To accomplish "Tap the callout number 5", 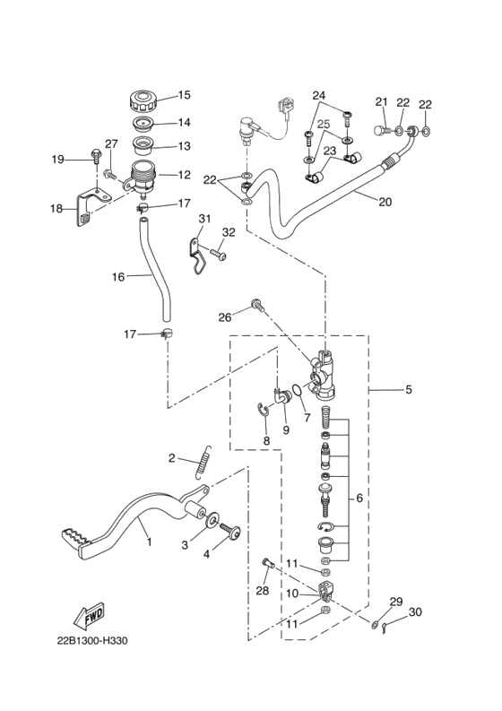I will coord(408,390).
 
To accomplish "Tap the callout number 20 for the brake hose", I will coord(385,202).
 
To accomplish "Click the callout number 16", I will coord(118,277).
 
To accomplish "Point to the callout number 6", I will coord(359,498).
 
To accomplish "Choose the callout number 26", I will coord(225,316).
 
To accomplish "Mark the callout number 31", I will coord(204,220).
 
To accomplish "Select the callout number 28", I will coord(262,590).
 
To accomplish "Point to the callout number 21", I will coord(380,101).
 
